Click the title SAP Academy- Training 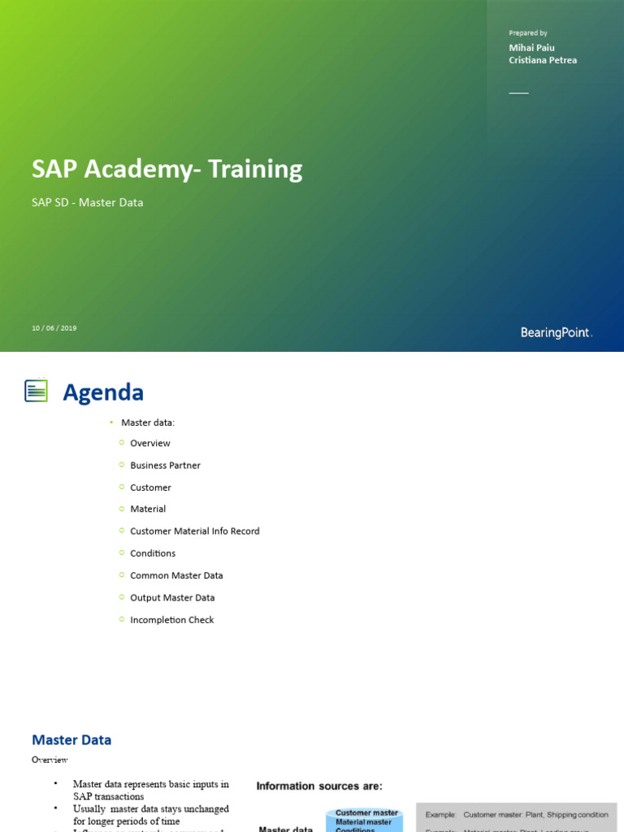(x=167, y=169)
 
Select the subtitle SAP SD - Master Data (x=87, y=202)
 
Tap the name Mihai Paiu (x=531, y=48)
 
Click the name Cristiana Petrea (x=543, y=60)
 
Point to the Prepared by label (x=528, y=33)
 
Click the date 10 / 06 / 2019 (x=54, y=328)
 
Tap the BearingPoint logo (x=557, y=332)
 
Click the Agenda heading (x=103, y=392)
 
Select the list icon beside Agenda (x=36, y=391)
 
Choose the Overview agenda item (x=150, y=443)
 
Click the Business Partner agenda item (x=165, y=466)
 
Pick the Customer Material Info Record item (x=195, y=531)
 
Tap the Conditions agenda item (x=153, y=553)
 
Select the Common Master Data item (x=176, y=575)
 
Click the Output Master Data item (x=172, y=598)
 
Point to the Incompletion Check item (x=172, y=620)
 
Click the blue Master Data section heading (x=71, y=740)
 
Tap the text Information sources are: (x=319, y=786)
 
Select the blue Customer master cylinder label (x=367, y=812)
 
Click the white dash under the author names (x=518, y=93)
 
